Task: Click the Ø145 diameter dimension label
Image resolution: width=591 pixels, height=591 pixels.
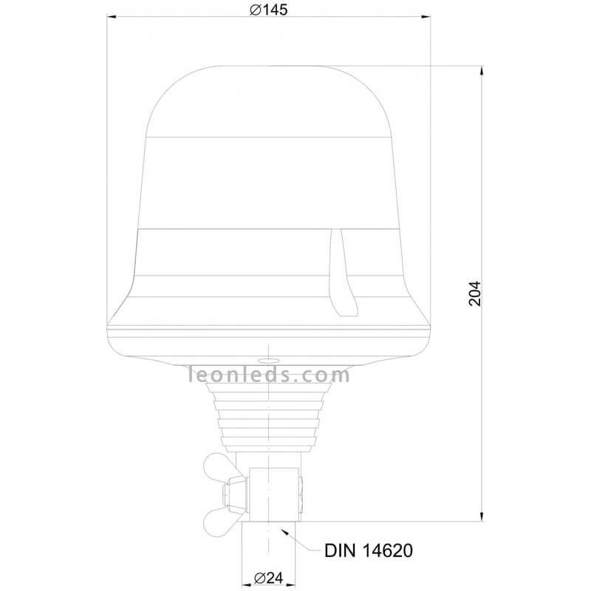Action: point(268,10)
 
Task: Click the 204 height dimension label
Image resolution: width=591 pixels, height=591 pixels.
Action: point(475,293)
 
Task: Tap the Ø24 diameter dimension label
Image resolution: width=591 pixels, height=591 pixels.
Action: point(268,578)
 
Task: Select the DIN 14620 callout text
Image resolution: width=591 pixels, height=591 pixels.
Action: point(368,550)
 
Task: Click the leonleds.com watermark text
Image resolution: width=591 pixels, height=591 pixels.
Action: point(268,375)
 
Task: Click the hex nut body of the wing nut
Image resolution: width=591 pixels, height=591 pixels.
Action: point(234,494)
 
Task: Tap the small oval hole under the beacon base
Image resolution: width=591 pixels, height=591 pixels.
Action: point(268,361)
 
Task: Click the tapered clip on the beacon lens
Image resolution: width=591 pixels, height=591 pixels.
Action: point(342,273)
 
